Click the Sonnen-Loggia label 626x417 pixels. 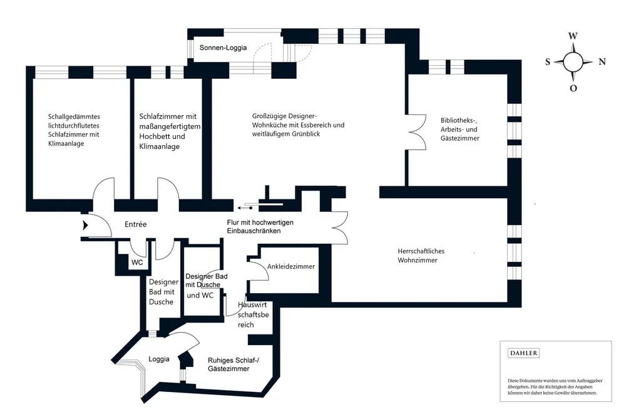pyautogui.click(x=223, y=48)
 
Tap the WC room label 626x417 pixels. pyautogui.click(x=137, y=263)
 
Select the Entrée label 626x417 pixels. pyautogui.click(x=135, y=224)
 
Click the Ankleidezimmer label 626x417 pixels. pyautogui.click(x=290, y=267)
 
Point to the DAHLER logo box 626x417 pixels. pyautogui.click(x=523, y=353)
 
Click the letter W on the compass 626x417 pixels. pyautogui.click(x=573, y=36)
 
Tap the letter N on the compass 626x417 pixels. pyautogui.click(x=602, y=62)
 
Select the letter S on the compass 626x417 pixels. pyautogui.click(x=548, y=62)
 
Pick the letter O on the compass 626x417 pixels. pyautogui.click(x=573, y=88)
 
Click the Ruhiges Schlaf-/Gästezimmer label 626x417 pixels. pyautogui.click(x=228, y=364)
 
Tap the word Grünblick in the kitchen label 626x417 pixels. pyautogui.click(x=302, y=134)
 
